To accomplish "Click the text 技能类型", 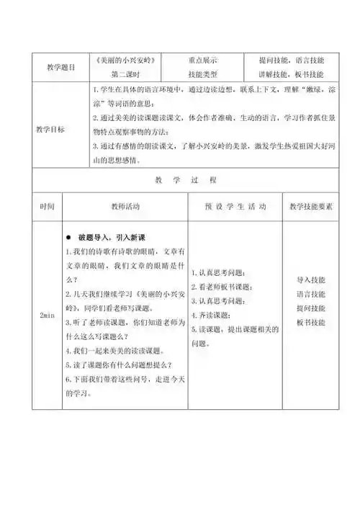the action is pyautogui.click(x=203, y=73).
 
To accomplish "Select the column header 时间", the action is pyautogui.click(x=46, y=206).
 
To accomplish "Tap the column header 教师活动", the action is pyautogui.click(x=125, y=206).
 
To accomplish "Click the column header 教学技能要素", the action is pyautogui.click(x=310, y=206).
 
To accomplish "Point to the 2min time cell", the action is pyautogui.click(x=45, y=316).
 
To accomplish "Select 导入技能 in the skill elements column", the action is pyautogui.click(x=310, y=279).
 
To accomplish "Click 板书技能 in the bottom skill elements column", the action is pyautogui.click(x=310, y=321).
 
